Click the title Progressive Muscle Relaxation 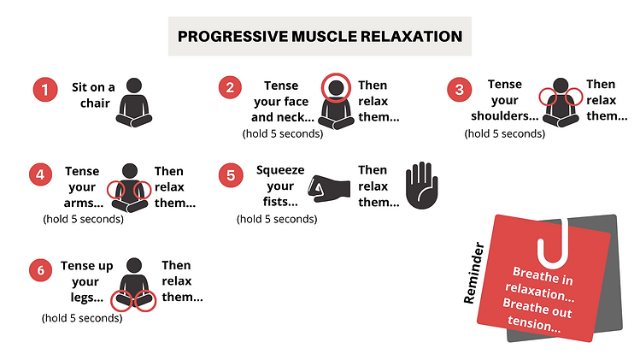320,37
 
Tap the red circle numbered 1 44,89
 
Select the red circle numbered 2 230,87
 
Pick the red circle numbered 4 38,174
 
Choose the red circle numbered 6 38,270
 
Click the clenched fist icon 330,190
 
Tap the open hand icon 420,186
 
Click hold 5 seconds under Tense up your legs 82,318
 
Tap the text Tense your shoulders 504,101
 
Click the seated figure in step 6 134,282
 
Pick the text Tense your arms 82,186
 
